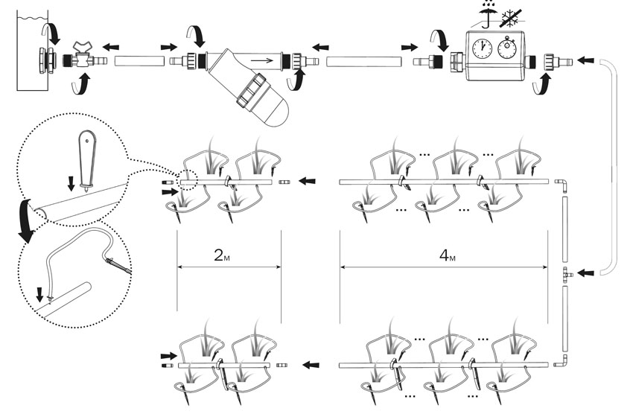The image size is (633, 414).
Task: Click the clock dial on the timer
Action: [482, 48]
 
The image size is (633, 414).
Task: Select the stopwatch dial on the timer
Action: [507, 48]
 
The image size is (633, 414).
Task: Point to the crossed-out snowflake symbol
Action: [512, 18]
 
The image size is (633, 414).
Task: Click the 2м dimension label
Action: [222, 255]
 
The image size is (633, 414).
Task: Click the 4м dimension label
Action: [447, 255]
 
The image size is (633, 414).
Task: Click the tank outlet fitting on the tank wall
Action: [45, 60]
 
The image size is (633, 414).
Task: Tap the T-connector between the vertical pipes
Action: [567, 274]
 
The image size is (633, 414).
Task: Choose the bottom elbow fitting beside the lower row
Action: [562, 361]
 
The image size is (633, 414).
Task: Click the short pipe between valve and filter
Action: [140, 61]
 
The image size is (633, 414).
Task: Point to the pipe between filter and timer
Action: [363, 62]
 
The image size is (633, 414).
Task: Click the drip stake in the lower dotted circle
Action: [118, 267]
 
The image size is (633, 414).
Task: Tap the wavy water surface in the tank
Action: [32, 18]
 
